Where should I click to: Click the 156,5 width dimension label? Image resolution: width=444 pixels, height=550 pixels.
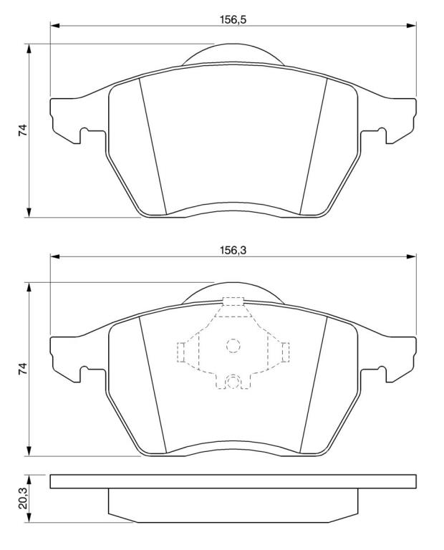coord(233,19)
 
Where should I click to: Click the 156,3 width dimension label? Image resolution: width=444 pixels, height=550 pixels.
coord(233,251)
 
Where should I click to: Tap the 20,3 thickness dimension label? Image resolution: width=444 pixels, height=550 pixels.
coord(23,499)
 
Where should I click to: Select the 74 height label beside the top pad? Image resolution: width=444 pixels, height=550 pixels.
coord(23,130)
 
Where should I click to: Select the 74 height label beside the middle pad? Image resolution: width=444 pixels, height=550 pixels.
coord(23,369)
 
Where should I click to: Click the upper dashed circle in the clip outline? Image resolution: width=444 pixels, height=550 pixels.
coord(233,346)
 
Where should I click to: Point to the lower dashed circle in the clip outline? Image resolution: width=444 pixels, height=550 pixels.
coord(233,382)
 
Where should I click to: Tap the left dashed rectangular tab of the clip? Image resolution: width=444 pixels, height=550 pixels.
coord(181,352)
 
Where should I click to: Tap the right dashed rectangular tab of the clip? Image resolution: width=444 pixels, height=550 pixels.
coord(286,352)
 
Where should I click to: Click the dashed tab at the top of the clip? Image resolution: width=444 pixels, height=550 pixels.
coord(233,301)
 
